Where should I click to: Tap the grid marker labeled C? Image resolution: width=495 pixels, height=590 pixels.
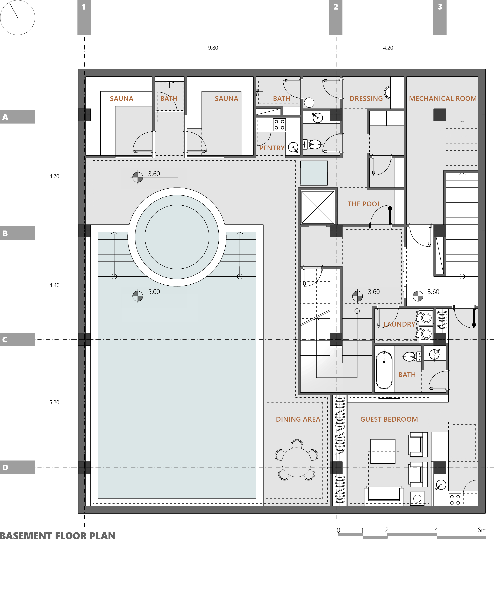(x=17, y=339)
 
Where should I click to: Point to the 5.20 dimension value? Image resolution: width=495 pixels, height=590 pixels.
(x=54, y=402)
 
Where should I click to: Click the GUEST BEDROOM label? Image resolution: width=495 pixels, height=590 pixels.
(x=389, y=419)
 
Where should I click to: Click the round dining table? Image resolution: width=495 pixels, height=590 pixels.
(x=296, y=462)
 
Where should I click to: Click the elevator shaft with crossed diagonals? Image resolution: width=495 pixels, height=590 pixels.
(x=317, y=207)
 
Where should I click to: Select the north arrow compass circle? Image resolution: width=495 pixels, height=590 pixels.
(x=17, y=17)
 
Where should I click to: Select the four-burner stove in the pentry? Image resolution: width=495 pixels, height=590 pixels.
(x=279, y=125)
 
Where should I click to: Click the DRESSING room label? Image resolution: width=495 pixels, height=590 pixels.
(x=366, y=99)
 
